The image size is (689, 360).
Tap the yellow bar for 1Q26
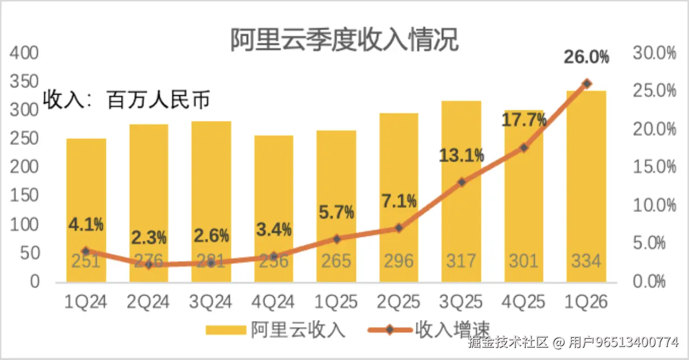point(586,184)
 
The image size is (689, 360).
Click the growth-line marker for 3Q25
point(461,182)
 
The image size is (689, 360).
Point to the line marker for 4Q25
point(524,148)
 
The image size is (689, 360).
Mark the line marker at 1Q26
point(586,84)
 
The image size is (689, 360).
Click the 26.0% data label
point(586,57)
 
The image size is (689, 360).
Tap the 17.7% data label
point(524,120)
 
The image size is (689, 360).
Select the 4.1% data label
point(86,224)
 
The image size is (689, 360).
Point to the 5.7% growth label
point(336,211)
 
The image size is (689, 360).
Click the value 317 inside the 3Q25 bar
point(461,261)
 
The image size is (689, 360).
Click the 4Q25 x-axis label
point(524,302)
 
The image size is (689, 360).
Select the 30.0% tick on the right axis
point(654,54)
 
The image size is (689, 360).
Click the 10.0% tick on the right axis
point(654,205)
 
